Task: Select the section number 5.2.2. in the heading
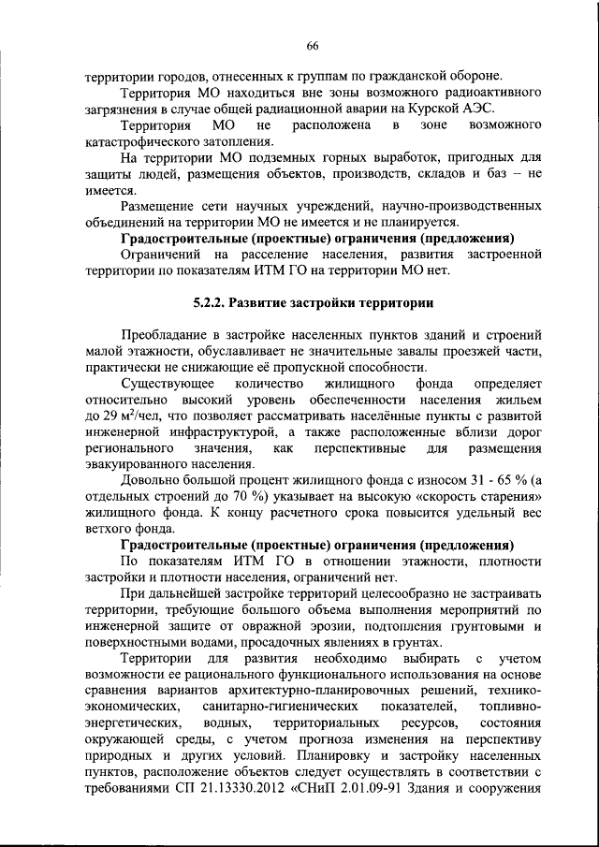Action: pyautogui.click(x=212, y=303)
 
